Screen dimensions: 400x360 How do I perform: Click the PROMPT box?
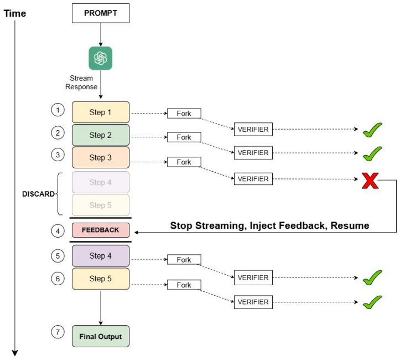tap(101, 13)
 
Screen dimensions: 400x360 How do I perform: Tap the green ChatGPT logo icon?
tap(101, 58)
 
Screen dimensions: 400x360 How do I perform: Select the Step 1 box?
tap(101, 112)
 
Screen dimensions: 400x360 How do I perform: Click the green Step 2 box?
tap(101, 135)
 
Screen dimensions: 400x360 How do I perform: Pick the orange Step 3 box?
tap(101, 157)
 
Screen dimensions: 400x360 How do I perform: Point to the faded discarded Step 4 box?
tap(101, 182)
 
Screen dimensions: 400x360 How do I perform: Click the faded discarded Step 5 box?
tap(101, 205)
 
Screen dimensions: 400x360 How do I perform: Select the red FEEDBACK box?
tap(101, 230)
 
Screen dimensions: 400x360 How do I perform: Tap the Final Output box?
tap(101, 336)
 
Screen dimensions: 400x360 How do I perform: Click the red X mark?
tap(370, 181)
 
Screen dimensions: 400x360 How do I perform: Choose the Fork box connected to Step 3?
tap(184, 162)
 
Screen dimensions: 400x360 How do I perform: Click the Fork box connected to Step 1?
tap(184, 114)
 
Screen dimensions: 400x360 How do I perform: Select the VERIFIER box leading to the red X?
tap(253, 179)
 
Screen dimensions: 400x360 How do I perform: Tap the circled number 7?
tap(58, 332)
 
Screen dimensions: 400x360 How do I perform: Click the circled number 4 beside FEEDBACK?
tap(58, 231)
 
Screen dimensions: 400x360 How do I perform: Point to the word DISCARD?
tap(39, 194)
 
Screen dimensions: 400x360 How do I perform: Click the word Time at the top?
tap(15, 13)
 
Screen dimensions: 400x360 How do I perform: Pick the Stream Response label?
tap(81, 83)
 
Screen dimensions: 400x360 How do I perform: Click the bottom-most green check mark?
tap(372, 302)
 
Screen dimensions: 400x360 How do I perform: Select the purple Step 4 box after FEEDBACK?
tap(101, 256)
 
